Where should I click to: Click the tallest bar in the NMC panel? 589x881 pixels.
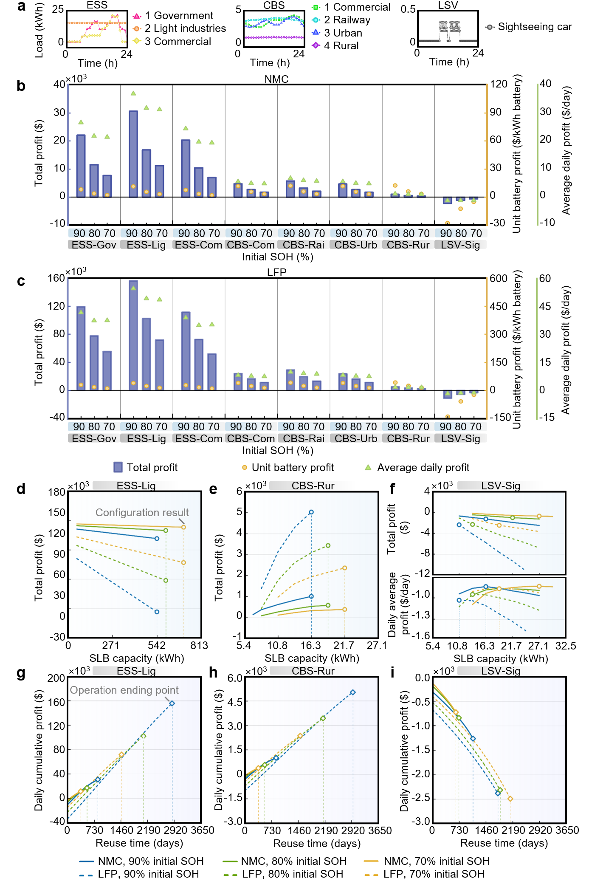coord(133,154)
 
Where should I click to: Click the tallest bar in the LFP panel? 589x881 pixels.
coord(133,335)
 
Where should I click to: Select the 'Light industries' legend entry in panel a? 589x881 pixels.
coord(185,28)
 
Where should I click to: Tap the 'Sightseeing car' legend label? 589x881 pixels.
coord(535,27)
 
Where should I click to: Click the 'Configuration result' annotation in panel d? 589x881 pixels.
coord(142,513)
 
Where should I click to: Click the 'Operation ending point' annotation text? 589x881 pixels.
coord(124,690)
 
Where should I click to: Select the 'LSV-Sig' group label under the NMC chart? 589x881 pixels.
coord(461,245)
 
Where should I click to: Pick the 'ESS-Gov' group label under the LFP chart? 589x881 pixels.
coord(94,438)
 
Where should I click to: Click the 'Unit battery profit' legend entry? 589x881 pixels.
coord(293,468)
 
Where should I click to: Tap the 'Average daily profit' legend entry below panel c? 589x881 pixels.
coord(423,468)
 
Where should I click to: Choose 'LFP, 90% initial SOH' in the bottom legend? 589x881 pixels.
coord(148,874)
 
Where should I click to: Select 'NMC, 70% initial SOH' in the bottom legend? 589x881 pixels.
coord(437,861)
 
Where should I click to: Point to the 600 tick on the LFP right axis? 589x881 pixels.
coord(499,279)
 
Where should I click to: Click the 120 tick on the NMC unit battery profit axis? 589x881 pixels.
coord(499,84)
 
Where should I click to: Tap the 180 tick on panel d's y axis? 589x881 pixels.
coord(57,492)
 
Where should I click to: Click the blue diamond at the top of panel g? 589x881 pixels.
coord(172,703)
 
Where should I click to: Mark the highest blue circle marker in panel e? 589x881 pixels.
coord(311,512)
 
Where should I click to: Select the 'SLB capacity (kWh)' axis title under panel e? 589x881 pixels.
coord(312,658)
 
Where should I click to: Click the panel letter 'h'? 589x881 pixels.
coord(213,673)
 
